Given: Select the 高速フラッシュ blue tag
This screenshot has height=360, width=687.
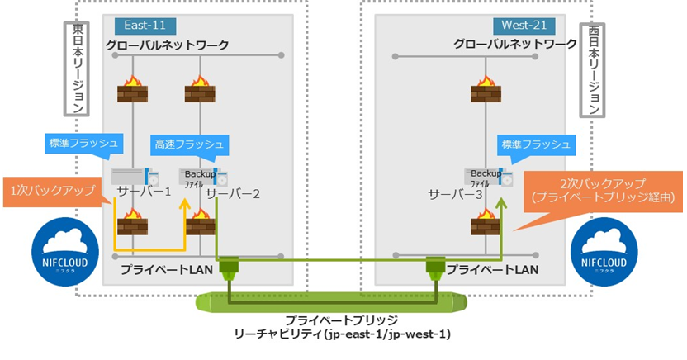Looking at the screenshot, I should point(188,145).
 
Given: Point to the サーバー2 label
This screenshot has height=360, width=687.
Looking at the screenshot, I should point(233,195).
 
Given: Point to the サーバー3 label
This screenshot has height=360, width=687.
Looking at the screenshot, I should point(453,195).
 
